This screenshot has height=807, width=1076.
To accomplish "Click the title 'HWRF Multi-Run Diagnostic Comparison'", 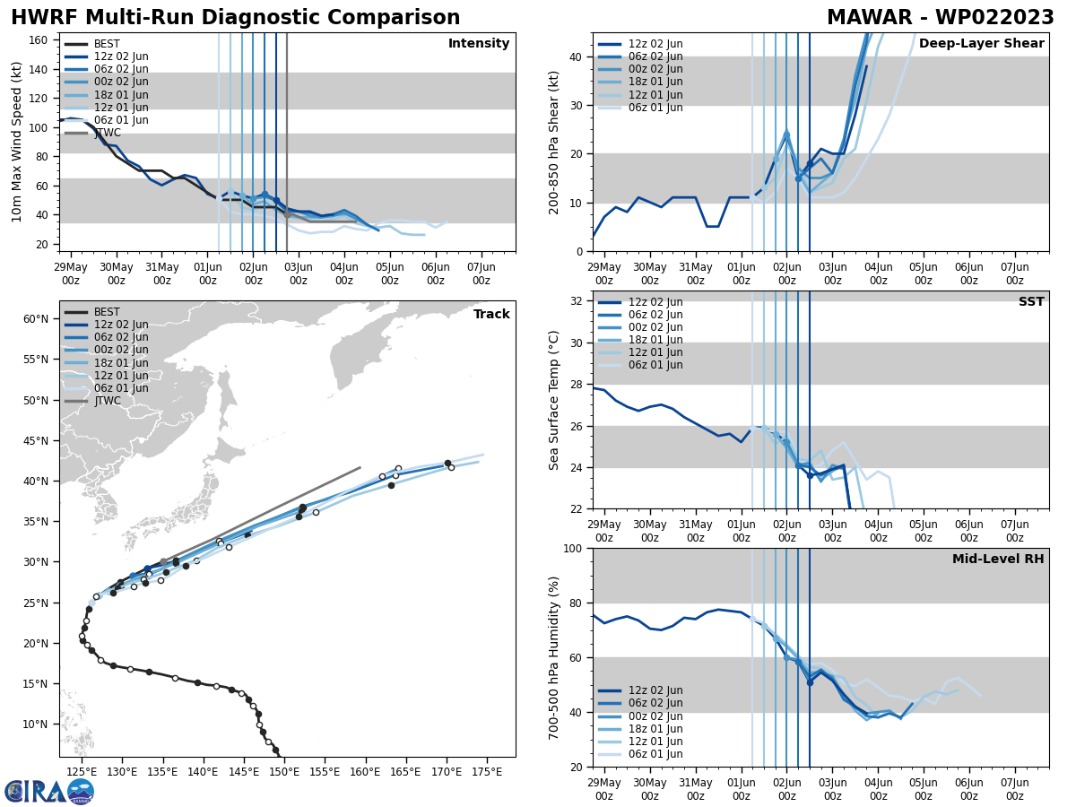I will point(235,18).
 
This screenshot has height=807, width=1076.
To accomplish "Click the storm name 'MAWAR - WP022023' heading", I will point(940,18).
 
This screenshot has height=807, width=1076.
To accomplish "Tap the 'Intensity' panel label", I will point(479,44).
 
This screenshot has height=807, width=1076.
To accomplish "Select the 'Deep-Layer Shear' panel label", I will point(981,44).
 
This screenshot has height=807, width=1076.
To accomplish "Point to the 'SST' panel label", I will point(1031,302).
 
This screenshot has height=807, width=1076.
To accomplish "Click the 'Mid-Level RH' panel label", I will point(998,560).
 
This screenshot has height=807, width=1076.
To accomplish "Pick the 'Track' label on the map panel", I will point(491,315).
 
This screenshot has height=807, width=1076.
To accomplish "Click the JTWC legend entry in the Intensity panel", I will point(108,133).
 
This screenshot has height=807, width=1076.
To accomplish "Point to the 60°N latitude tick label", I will point(35,319).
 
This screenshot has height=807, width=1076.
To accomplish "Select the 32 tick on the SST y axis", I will point(577,301).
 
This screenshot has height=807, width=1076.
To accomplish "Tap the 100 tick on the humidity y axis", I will point(573,549).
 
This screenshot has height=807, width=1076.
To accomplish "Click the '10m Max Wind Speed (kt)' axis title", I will point(17,142).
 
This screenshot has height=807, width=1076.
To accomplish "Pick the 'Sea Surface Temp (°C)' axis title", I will point(554,400).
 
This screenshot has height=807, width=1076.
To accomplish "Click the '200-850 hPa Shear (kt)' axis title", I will point(554,142).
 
